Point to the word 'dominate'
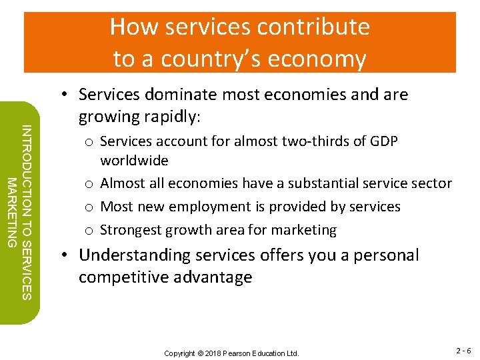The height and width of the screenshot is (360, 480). pyautogui.click(x=189, y=95)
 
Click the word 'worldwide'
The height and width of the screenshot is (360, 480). pyautogui.click(x=134, y=161)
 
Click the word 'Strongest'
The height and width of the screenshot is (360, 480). pyautogui.click(x=131, y=230)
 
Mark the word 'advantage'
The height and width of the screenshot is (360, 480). pyautogui.click(x=214, y=277)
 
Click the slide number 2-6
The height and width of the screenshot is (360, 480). pyautogui.click(x=463, y=351)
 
